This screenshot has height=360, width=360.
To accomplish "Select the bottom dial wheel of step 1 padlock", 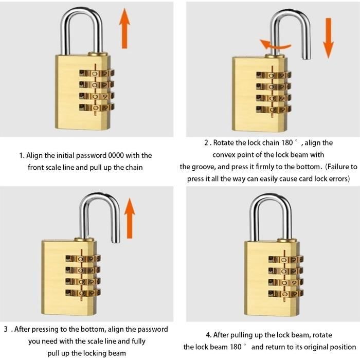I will [96, 107].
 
